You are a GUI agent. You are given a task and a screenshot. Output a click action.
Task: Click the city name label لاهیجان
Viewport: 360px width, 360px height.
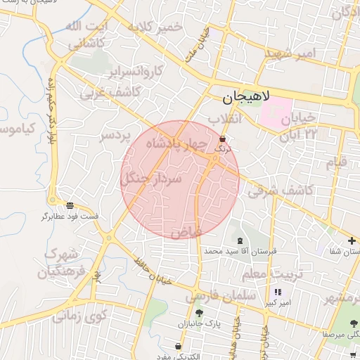249,98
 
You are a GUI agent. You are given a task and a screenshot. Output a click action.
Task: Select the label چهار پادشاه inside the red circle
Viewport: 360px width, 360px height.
178,143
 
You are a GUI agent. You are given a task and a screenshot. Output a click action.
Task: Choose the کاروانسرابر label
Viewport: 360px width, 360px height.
136,71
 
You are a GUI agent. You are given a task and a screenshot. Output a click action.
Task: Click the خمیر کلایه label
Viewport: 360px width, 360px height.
155,27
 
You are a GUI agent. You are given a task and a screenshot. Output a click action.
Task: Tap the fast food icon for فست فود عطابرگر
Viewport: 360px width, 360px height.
70,205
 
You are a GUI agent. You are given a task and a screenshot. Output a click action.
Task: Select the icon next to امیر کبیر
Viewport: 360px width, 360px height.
278,292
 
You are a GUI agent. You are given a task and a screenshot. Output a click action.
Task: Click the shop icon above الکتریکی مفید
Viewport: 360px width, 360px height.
179,347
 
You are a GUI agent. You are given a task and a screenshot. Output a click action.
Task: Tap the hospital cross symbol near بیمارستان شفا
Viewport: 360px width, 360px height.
352,240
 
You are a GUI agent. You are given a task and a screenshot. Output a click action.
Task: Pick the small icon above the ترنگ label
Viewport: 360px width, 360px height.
222,139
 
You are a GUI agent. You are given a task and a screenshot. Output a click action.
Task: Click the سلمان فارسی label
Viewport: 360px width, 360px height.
220,297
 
